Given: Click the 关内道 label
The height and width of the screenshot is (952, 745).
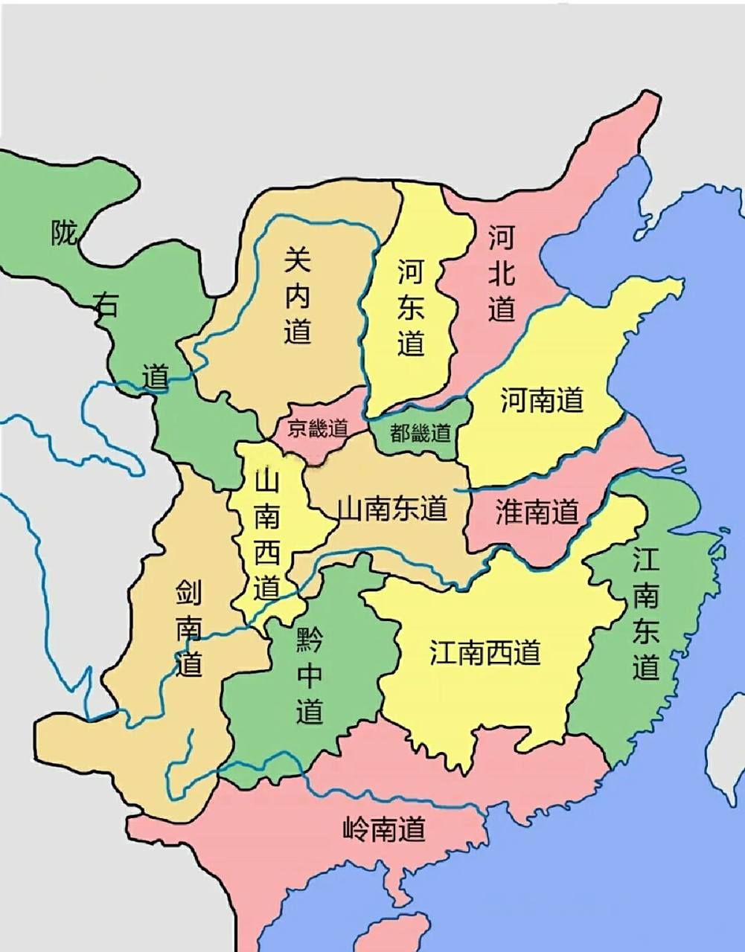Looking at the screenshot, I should (x=298, y=296).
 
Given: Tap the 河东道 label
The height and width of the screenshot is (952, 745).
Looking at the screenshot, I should (x=410, y=307).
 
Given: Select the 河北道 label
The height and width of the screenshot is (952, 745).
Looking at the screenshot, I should (x=502, y=274).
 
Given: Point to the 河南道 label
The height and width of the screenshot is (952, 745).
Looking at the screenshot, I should (x=542, y=399).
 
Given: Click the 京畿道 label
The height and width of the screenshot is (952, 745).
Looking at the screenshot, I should (x=318, y=429).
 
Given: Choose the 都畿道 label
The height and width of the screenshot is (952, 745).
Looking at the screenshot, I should (x=421, y=432).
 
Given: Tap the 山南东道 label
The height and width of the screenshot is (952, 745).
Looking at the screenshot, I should (x=392, y=509).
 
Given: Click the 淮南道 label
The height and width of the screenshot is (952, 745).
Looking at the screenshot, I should (x=537, y=512).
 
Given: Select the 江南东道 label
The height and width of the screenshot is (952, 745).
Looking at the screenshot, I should (x=646, y=614).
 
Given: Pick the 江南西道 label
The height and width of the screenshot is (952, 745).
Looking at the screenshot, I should (x=485, y=652).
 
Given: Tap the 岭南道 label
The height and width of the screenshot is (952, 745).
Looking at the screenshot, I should (x=384, y=828).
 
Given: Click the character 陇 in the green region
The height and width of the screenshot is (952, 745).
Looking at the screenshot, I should (x=64, y=233).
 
